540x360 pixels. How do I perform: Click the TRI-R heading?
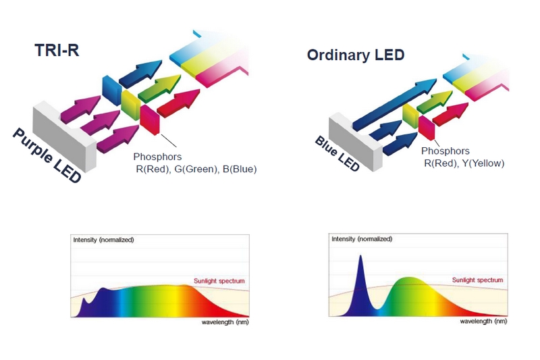pos(57,50)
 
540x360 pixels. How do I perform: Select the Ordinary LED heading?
pos(356,55)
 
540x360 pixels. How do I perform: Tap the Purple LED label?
pos(47,155)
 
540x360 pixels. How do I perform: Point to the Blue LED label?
pos(337,153)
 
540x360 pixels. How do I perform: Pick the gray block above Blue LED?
pos(356,142)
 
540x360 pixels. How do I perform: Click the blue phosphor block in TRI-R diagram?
pos(112,91)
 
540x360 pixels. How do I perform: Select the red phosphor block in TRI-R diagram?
pos(150,120)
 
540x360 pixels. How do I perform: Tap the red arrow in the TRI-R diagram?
pos(178,103)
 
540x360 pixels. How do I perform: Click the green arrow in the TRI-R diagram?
pos(159,88)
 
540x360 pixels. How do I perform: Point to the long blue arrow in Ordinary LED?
pos(395,104)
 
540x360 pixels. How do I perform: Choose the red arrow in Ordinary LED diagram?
pos(450,114)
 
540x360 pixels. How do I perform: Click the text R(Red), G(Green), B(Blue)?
pos(196,169)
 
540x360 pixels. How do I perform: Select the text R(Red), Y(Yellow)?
pos(464,163)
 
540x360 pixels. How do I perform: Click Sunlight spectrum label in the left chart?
pos(219,281)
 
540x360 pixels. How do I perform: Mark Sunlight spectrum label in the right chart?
pos(477,280)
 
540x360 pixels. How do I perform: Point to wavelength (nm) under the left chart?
pos(225,322)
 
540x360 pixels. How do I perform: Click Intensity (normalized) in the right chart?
pos(362,239)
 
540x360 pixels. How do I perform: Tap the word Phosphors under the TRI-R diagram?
pos(157,157)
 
